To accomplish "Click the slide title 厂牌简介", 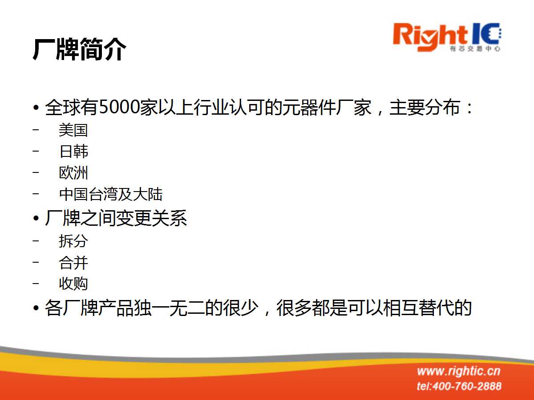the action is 80,49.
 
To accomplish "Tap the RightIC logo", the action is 447,37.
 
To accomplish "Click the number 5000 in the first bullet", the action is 120,107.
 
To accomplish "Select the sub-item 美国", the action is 73,130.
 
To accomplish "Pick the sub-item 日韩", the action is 73,151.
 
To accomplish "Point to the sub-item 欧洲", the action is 73,173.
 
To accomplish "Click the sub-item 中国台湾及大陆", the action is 111,194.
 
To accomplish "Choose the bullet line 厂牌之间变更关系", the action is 116,218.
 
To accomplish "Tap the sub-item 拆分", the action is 73,241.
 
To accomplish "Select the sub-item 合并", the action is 73,263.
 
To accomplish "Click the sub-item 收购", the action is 73,284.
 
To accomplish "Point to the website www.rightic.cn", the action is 459,372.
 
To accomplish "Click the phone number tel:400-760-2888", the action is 459,386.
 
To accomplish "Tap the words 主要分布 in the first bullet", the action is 425,108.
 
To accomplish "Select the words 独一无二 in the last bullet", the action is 170,308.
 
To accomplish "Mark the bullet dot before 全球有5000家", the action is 36,108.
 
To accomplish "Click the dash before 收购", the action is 36,284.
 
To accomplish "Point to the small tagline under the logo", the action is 475,48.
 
